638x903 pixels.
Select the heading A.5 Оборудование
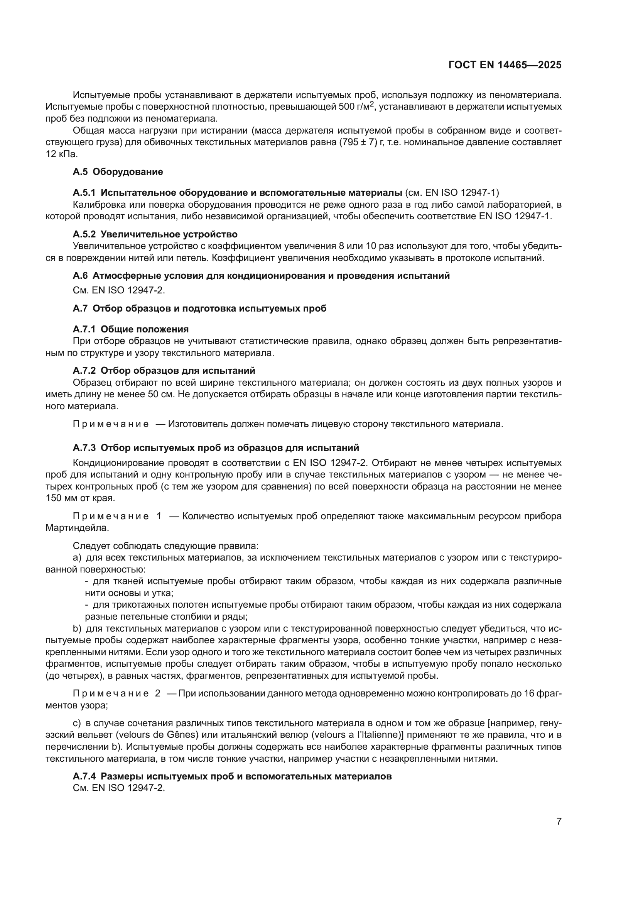[118, 172]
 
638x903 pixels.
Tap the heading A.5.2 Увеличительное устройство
[155, 234]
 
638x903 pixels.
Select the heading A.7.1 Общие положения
[130, 329]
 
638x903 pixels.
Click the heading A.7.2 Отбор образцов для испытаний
[164, 371]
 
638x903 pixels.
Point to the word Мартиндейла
[77, 528]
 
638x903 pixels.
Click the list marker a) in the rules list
[77, 558]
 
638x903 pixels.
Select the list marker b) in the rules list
[77, 629]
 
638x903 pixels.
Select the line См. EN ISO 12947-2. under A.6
[119, 290]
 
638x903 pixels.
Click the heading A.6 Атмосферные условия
[261, 276]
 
